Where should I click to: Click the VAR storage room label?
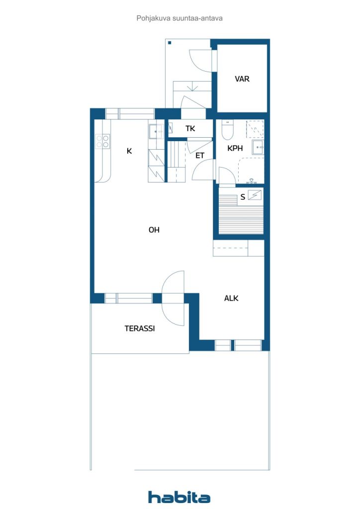point(242,79)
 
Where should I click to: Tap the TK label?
point(190,129)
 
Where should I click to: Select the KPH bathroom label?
point(235,148)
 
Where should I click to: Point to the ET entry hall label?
point(200,156)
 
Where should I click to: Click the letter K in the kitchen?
point(129,151)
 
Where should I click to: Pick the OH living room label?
point(154,230)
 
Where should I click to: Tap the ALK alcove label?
point(231,298)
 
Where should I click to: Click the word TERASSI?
point(139,329)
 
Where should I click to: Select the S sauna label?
point(243,197)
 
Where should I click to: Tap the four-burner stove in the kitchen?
point(103,142)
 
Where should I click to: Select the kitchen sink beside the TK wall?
point(156,131)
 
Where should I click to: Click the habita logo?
point(179,497)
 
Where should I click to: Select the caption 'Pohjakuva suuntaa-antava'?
point(180,18)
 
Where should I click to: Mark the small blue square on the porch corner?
point(170,43)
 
